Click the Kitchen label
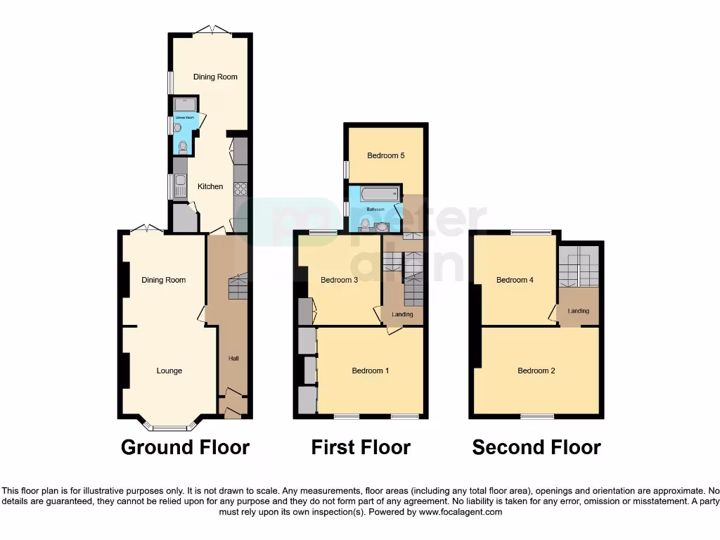[x=210, y=186]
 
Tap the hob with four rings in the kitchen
[x=240, y=188]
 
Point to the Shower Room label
[x=184, y=118]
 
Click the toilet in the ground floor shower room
[x=183, y=147]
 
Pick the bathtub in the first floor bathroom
[x=373, y=193]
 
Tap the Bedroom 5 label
[x=386, y=155]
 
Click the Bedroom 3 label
[x=340, y=280]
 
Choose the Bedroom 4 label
[x=515, y=280]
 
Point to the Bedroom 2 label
[x=536, y=371]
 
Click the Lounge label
[x=169, y=371]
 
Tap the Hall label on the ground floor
[x=233, y=359]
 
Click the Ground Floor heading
[x=185, y=447]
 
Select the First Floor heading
[x=361, y=447]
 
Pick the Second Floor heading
[x=536, y=447]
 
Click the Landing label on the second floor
[x=579, y=311]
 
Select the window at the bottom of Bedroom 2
[x=537, y=416]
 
